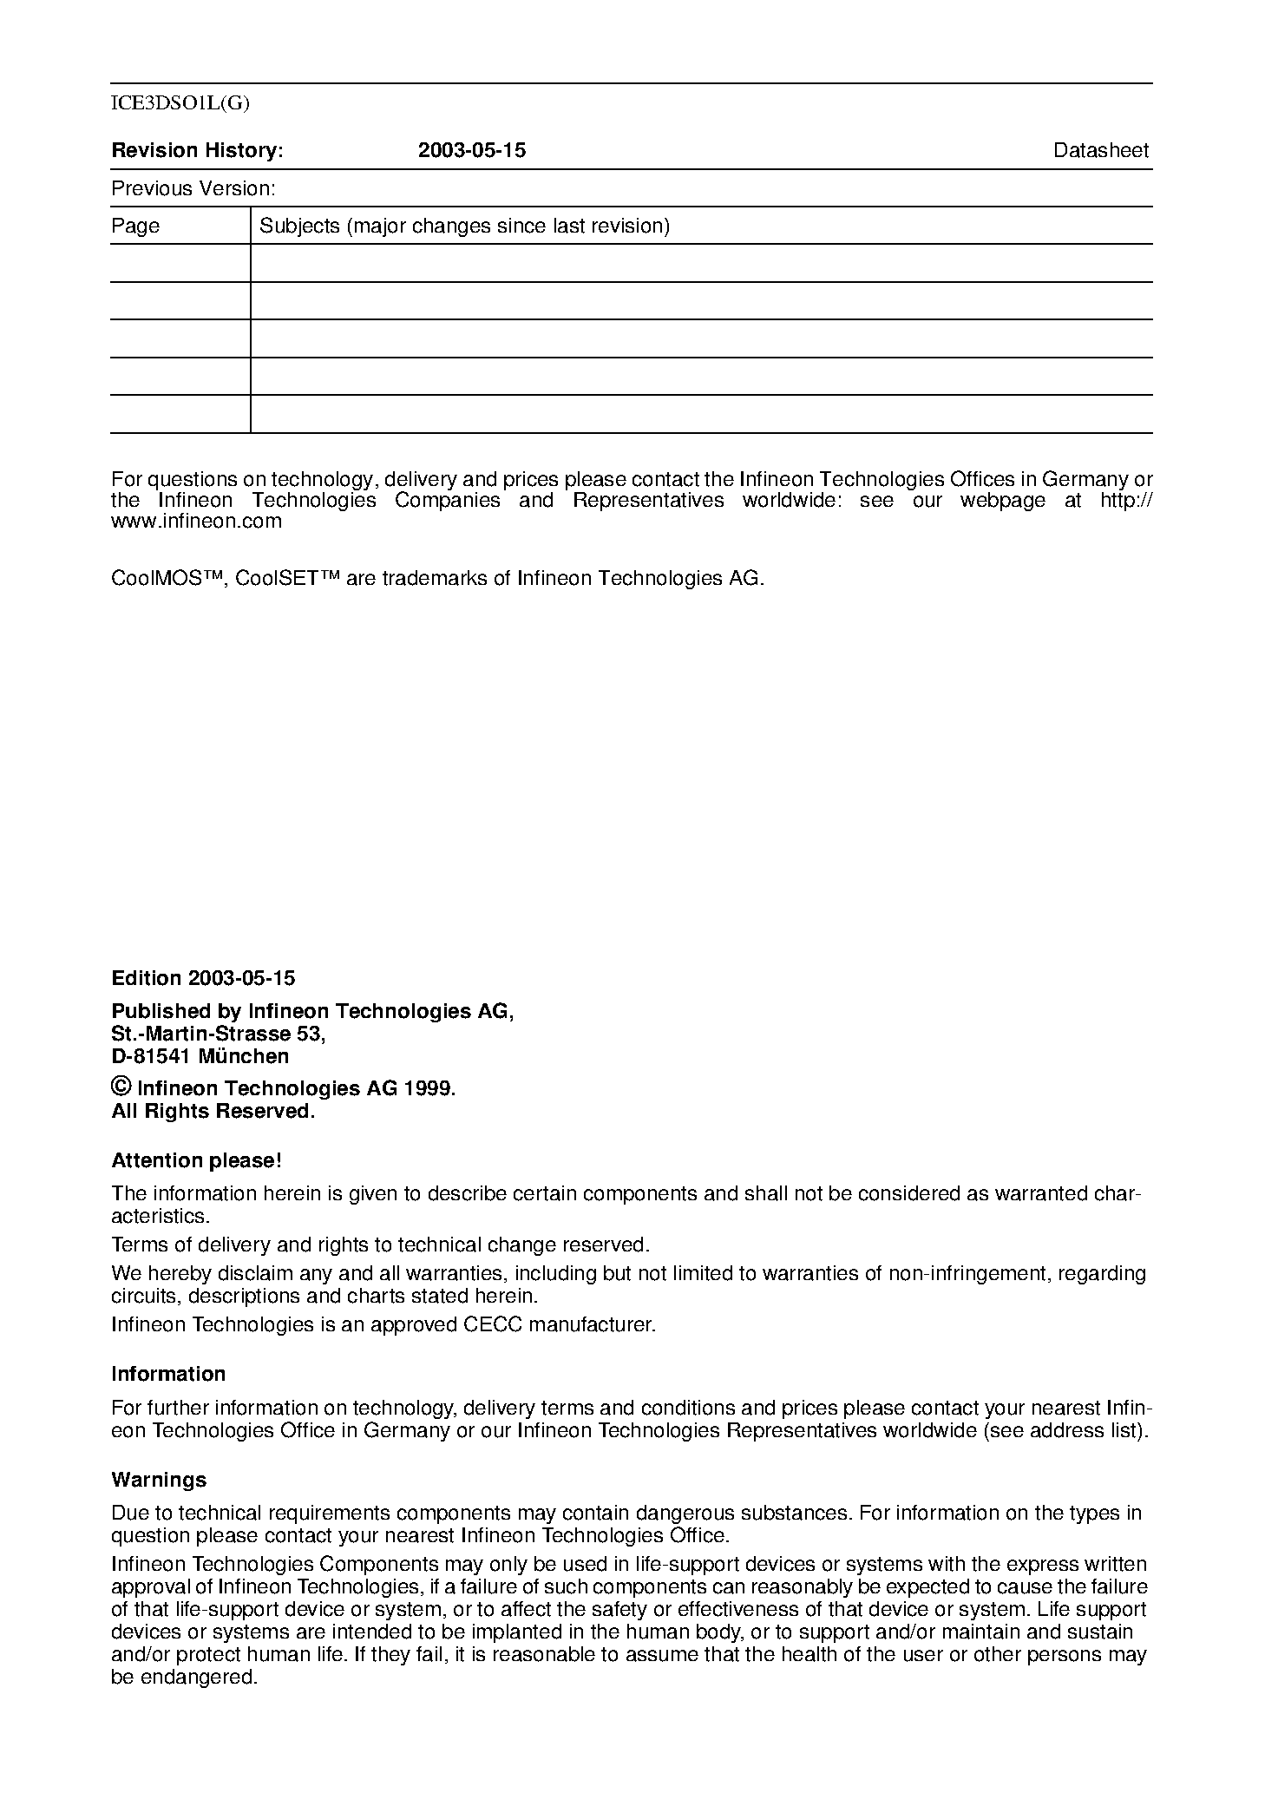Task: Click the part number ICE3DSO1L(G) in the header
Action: tap(180, 104)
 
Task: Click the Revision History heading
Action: tap(197, 150)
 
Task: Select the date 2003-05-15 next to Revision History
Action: tap(472, 150)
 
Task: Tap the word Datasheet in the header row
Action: tap(1100, 150)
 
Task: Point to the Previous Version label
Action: tap(193, 188)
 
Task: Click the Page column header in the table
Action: tap(135, 226)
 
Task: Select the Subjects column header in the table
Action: tap(464, 226)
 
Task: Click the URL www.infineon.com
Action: tap(196, 521)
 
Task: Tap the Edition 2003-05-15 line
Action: tap(203, 978)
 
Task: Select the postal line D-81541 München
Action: tap(200, 1056)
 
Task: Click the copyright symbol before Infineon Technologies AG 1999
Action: tap(121, 1087)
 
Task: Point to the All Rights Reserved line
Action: tap(213, 1111)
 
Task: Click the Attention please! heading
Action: tap(196, 1160)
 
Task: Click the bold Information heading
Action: tap(168, 1374)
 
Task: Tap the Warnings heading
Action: tap(159, 1480)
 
